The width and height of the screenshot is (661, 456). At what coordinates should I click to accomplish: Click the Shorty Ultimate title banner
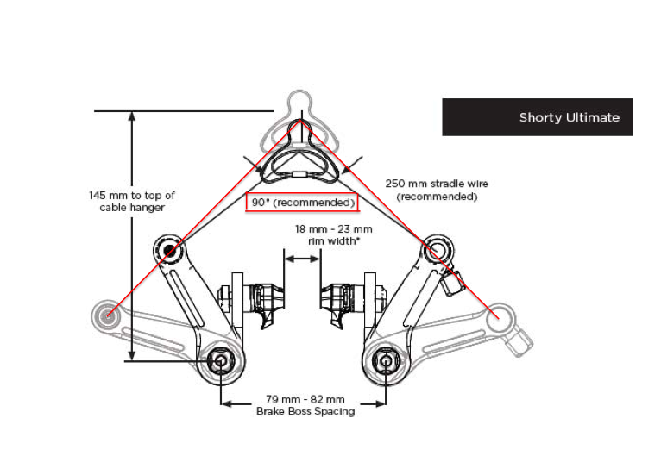point(537,117)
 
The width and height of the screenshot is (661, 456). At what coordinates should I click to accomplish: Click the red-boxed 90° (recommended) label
point(302,203)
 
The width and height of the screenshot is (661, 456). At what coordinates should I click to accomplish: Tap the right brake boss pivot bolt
point(383,360)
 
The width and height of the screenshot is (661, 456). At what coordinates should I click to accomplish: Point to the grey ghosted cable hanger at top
point(301,103)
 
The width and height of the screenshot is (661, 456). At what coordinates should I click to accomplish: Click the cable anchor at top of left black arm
point(170,251)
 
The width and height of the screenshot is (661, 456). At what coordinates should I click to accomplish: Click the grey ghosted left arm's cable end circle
point(107,315)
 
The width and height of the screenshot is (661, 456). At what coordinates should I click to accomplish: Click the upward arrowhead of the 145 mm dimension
point(132,116)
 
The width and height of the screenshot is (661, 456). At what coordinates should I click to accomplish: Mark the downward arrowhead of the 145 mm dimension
point(132,355)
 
